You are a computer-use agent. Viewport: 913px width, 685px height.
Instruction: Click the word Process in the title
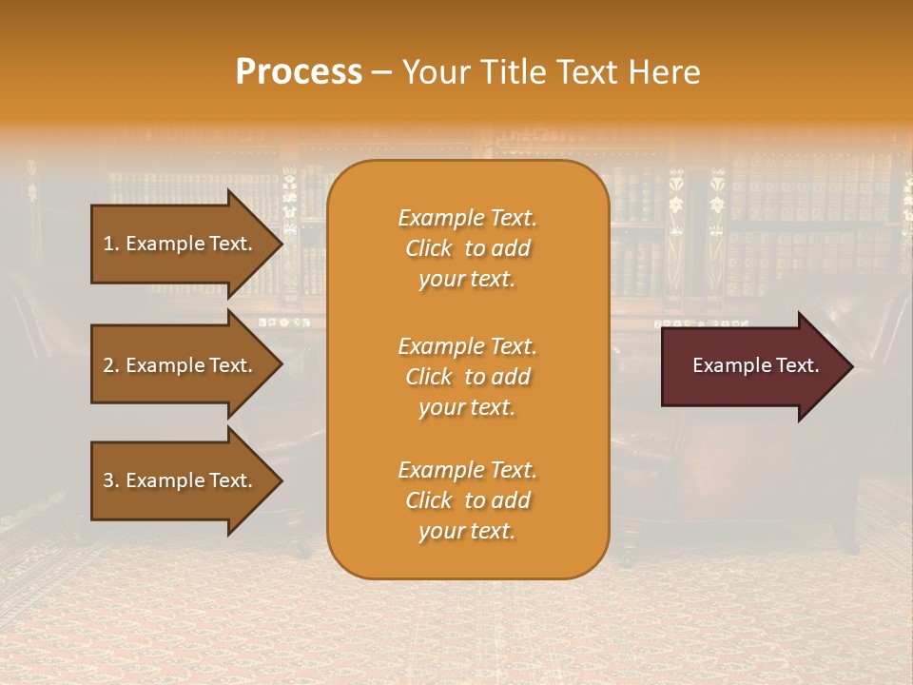[x=299, y=72]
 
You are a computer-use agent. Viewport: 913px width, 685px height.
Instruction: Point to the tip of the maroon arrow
[x=851, y=365]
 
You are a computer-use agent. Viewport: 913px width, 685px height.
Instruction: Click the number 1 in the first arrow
[x=108, y=244]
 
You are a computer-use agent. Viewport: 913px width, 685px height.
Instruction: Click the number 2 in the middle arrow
[x=108, y=365]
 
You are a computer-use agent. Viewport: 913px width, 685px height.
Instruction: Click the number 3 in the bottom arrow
[x=108, y=480]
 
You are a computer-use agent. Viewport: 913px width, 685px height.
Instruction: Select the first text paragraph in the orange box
[x=467, y=248]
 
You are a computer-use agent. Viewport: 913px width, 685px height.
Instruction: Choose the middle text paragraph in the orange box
[x=467, y=376]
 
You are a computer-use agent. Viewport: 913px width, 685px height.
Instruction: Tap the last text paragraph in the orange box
[x=467, y=500]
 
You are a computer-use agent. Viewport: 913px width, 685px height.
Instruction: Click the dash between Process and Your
[x=381, y=73]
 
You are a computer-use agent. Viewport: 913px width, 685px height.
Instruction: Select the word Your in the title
[x=434, y=72]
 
